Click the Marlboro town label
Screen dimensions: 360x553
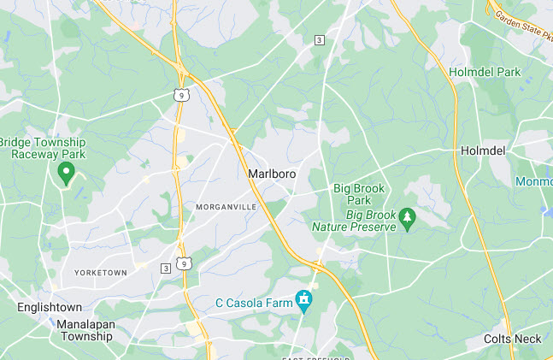coord(272,174)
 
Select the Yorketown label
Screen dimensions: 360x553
coord(100,272)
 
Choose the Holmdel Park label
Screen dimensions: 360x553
coord(485,73)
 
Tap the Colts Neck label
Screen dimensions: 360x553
coord(511,339)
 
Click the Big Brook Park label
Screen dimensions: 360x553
coord(359,194)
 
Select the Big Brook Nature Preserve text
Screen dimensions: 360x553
coord(354,221)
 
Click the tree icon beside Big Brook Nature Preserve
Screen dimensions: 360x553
coord(409,221)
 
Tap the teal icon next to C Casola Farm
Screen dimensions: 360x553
coord(303,300)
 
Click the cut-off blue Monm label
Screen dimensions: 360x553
coord(533,182)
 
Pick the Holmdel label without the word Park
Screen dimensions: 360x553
coord(483,150)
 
